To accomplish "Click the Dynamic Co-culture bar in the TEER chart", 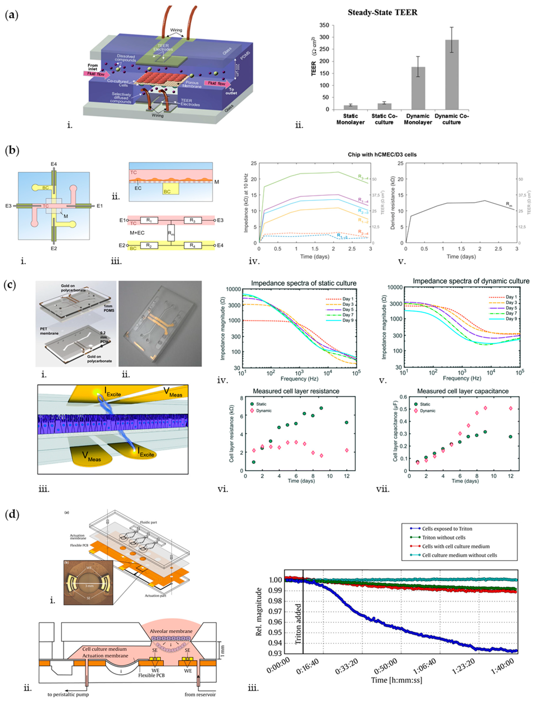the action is (x=452, y=75).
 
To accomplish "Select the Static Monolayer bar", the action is (x=350, y=107).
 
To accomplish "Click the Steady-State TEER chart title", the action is (x=382, y=13).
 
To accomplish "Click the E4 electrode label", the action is (x=53, y=164).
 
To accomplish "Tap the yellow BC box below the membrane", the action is (x=171, y=189).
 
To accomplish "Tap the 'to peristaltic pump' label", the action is (x=68, y=694).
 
